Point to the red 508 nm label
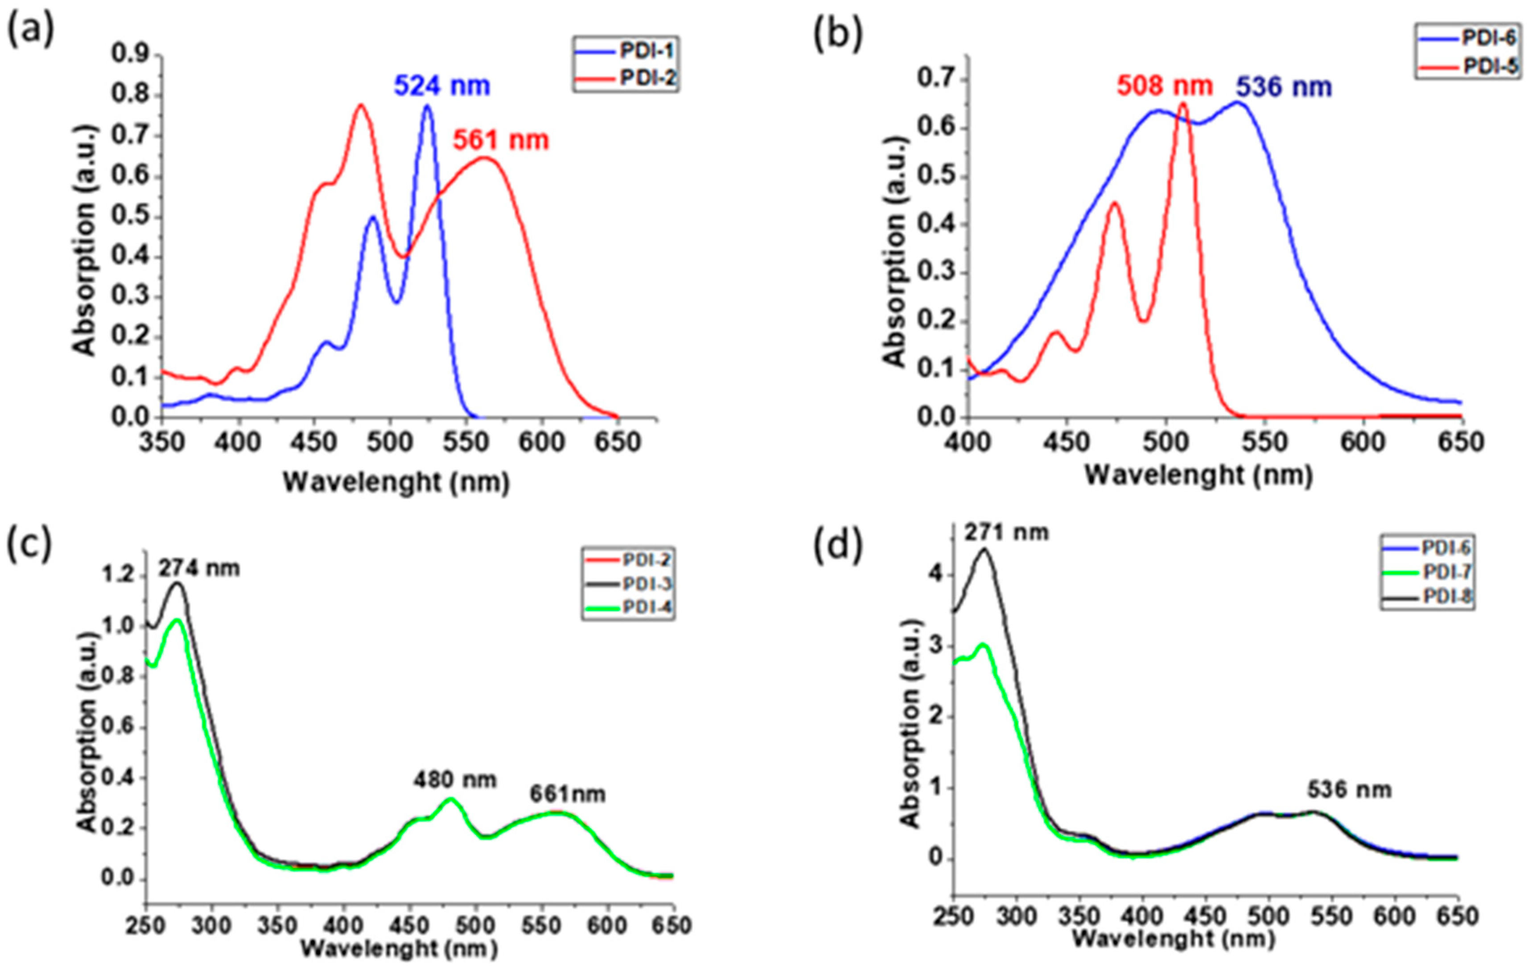[x=1164, y=86]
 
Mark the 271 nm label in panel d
[x=1006, y=532]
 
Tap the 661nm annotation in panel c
[x=568, y=794]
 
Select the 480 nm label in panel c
[x=455, y=780]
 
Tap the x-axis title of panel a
[x=396, y=483]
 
